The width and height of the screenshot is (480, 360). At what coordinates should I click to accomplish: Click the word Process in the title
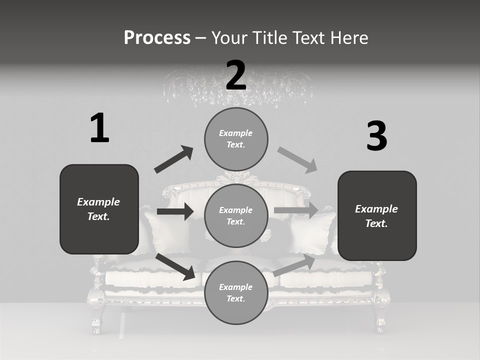pyautogui.click(x=157, y=37)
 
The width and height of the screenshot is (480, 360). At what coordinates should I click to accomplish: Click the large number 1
pyautogui.click(x=99, y=128)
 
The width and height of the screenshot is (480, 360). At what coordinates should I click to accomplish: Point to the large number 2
pyautogui.click(x=236, y=75)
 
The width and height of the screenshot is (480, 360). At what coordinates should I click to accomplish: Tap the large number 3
pyautogui.click(x=376, y=136)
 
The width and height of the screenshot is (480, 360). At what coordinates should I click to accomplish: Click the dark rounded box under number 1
pyautogui.click(x=99, y=209)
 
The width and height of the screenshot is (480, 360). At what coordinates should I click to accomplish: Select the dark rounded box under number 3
pyautogui.click(x=377, y=216)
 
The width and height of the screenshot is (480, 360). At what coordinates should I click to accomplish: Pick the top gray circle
pyautogui.click(x=236, y=139)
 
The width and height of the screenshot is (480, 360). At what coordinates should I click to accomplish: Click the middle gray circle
pyautogui.click(x=236, y=215)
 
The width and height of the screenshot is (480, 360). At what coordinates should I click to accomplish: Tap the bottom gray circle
pyautogui.click(x=236, y=292)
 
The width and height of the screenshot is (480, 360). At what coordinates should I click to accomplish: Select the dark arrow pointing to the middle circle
pyautogui.click(x=174, y=211)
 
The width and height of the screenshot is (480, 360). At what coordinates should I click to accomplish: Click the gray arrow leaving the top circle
pyautogui.click(x=297, y=160)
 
